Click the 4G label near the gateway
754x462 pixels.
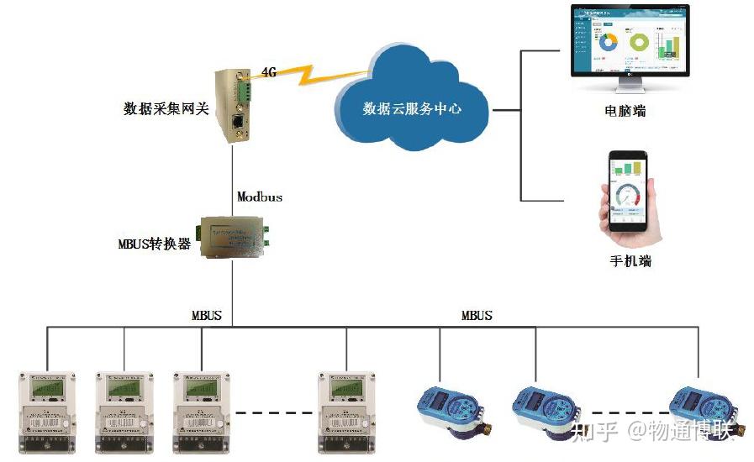[x=269, y=72]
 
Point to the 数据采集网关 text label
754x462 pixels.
[x=166, y=109]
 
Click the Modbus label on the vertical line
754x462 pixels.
[x=260, y=197]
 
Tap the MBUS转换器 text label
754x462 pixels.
[x=155, y=244]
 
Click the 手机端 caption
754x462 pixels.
[x=630, y=260]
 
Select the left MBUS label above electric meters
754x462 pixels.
[x=207, y=316]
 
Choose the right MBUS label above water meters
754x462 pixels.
[x=477, y=316]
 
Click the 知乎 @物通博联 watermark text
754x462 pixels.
[x=652, y=432]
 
